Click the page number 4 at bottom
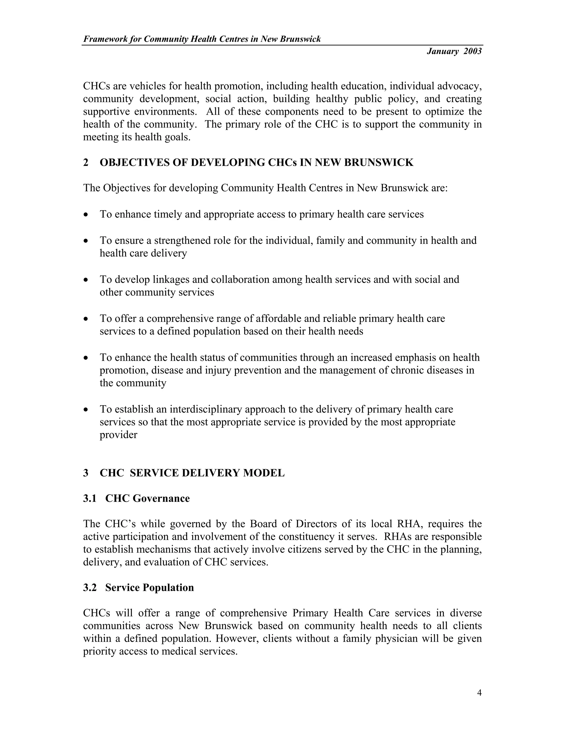coord(479,692)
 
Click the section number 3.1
coord(89,498)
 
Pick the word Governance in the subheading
coord(161,498)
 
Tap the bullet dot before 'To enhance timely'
coord(86,215)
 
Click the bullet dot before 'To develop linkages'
coord(86,280)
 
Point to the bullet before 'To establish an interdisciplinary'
coord(86,410)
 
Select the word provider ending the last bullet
coord(118,435)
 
